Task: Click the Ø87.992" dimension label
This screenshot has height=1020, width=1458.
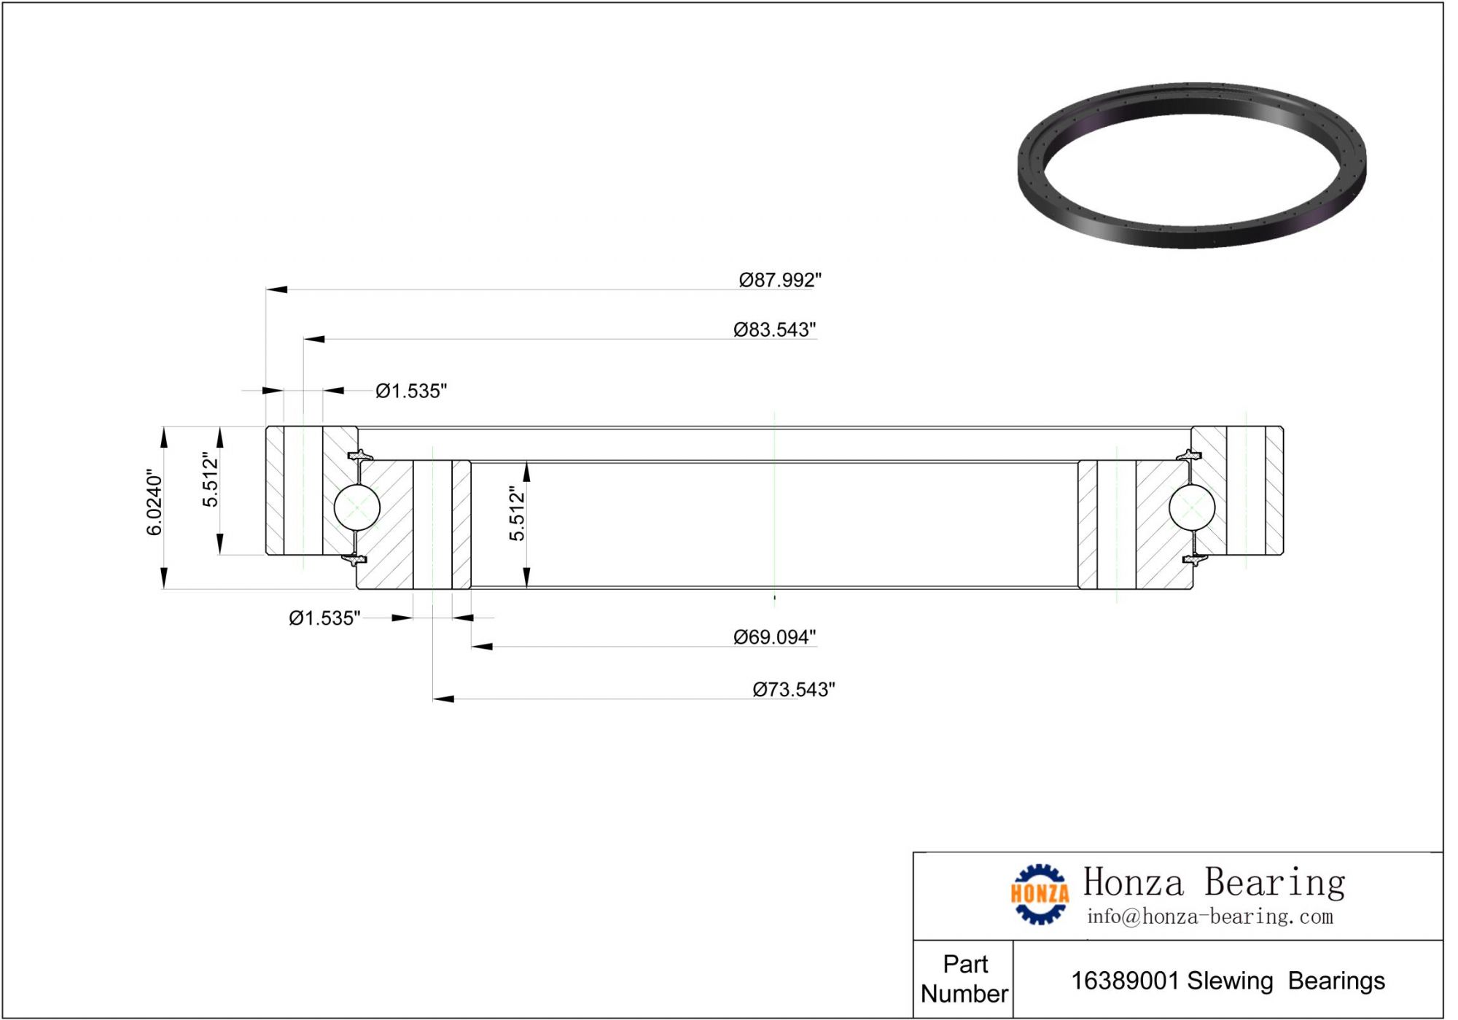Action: pos(780,280)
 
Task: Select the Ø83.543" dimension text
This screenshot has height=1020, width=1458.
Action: pos(775,330)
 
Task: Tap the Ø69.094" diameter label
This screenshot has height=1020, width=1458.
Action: pos(775,637)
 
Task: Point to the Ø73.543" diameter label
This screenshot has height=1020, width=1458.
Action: pos(794,690)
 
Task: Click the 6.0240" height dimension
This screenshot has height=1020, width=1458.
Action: pos(155,502)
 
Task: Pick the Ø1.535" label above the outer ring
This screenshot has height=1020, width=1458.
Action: pos(411,391)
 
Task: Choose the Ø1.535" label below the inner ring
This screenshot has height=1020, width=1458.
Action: pos(324,618)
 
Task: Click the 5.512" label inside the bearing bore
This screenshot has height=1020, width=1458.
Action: pos(517,513)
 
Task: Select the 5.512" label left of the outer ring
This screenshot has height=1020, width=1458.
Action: pos(210,479)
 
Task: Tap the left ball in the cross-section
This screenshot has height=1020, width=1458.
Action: pos(356,507)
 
